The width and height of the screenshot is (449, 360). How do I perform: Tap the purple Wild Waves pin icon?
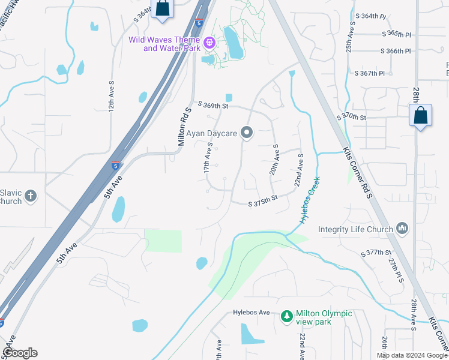coord(209,43)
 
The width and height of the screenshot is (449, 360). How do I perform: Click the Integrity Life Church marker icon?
coord(402,229)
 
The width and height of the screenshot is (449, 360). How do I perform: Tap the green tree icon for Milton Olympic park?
coord(287,316)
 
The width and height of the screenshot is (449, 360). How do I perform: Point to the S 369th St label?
coord(213,106)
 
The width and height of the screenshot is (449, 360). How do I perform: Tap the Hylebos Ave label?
coord(255,313)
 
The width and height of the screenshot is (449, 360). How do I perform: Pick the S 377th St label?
coord(376,253)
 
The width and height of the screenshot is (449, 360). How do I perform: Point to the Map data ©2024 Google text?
coord(412,355)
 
